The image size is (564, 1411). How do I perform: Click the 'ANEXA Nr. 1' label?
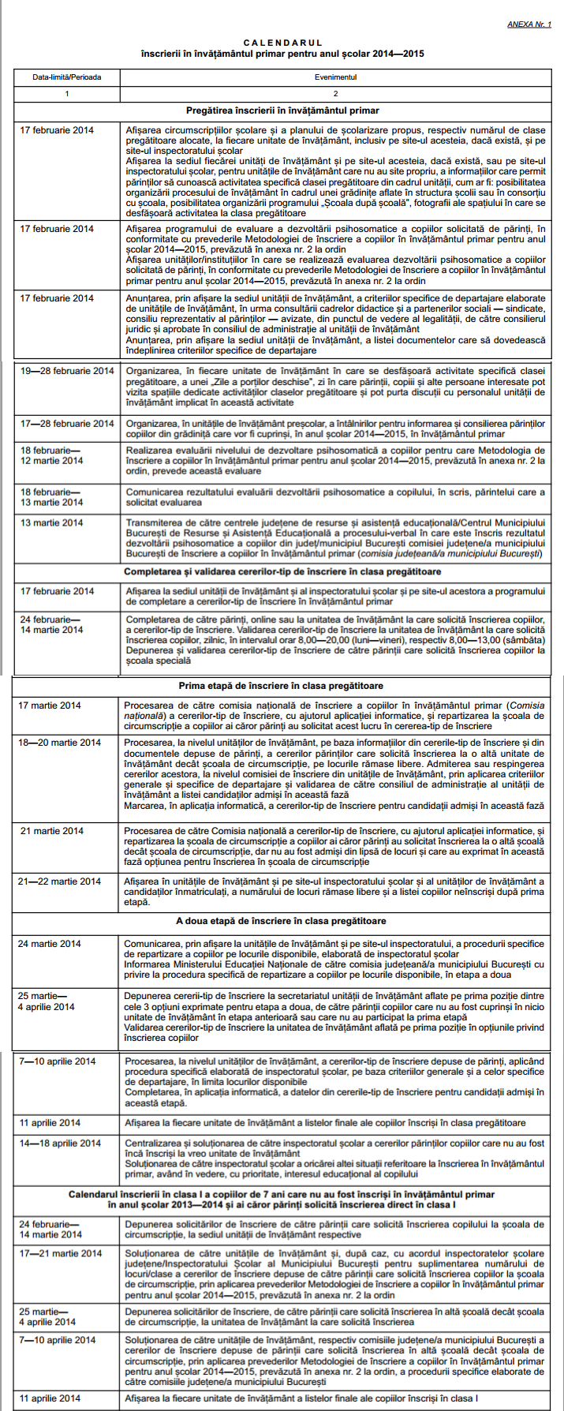coord(529,25)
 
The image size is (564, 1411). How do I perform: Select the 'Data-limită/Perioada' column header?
coord(67,77)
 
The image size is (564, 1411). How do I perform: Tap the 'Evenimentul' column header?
coord(336,77)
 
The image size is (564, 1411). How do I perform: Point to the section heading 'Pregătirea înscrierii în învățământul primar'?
coord(282,111)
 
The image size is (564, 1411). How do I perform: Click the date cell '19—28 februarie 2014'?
coord(67,371)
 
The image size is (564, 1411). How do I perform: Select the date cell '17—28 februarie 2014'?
coord(67,424)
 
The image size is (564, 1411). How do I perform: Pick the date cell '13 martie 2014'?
coord(51,522)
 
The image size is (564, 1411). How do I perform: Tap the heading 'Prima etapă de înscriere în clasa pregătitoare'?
coord(281,686)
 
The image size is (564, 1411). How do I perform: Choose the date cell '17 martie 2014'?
coord(50,705)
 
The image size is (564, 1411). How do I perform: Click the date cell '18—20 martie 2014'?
coord(60,743)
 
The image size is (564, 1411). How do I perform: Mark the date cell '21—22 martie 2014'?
coord(60,881)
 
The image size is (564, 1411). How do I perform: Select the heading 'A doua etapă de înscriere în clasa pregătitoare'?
coord(281,921)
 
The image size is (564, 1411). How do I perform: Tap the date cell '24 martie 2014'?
coord(50,944)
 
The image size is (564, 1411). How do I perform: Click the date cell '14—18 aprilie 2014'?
coord(61,1143)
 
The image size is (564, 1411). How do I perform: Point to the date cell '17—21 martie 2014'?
coord(61,1253)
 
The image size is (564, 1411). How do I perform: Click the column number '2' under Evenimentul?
coord(336,94)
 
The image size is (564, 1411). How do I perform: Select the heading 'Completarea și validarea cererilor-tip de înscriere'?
coord(282,571)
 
